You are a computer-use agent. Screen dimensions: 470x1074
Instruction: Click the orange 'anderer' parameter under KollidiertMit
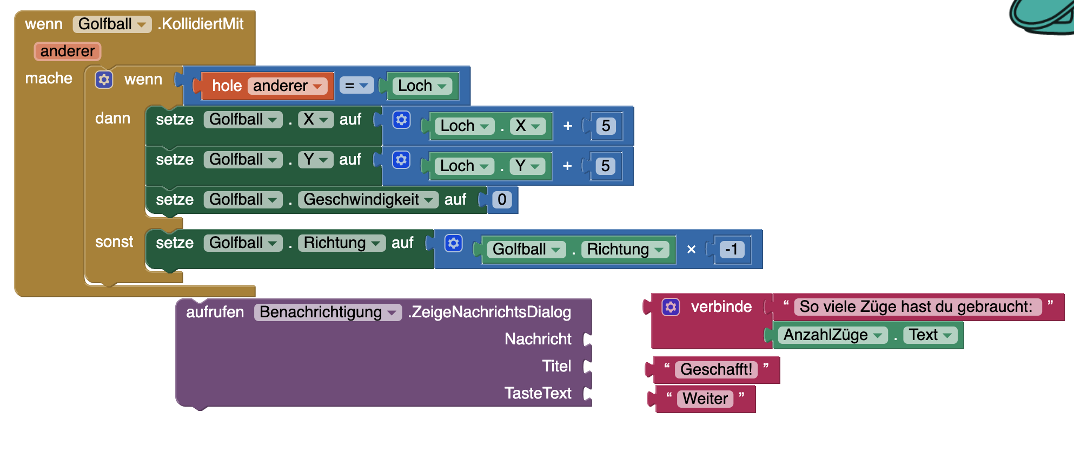click(67, 51)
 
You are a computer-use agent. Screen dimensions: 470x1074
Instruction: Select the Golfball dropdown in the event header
click(111, 24)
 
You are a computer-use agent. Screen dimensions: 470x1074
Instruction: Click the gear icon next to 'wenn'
click(104, 80)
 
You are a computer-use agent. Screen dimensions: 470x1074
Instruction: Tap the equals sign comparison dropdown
click(356, 86)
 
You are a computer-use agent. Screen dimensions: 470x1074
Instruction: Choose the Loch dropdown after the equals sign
click(422, 86)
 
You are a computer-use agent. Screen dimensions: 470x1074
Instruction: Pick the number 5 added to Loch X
click(606, 126)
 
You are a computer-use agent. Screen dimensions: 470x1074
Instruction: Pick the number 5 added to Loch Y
click(606, 166)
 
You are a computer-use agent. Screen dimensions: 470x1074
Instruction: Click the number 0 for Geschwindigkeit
click(502, 199)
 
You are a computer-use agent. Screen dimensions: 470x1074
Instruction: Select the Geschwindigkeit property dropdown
click(368, 199)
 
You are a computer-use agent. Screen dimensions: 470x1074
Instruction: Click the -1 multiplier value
click(732, 249)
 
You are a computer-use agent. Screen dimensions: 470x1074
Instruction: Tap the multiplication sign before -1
click(691, 250)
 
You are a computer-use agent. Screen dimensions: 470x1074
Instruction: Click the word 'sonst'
click(114, 241)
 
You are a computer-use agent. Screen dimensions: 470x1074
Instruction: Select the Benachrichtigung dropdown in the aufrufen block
click(327, 312)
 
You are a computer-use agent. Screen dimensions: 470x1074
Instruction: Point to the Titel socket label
click(556, 366)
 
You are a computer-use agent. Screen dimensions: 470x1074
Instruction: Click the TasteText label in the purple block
click(538, 393)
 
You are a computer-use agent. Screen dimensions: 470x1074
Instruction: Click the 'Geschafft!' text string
click(716, 369)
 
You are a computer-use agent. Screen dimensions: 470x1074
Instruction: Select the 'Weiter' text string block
click(705, 399)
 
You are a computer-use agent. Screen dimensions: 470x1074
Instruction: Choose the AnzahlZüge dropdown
click(832, 335)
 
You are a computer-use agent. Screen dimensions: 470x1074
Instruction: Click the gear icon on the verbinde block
click(671, 307)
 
